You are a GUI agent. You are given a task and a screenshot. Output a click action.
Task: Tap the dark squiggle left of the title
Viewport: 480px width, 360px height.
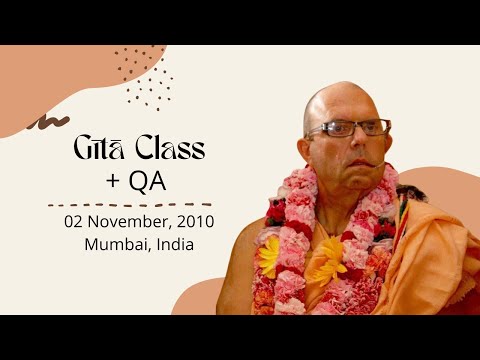point(41,122)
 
